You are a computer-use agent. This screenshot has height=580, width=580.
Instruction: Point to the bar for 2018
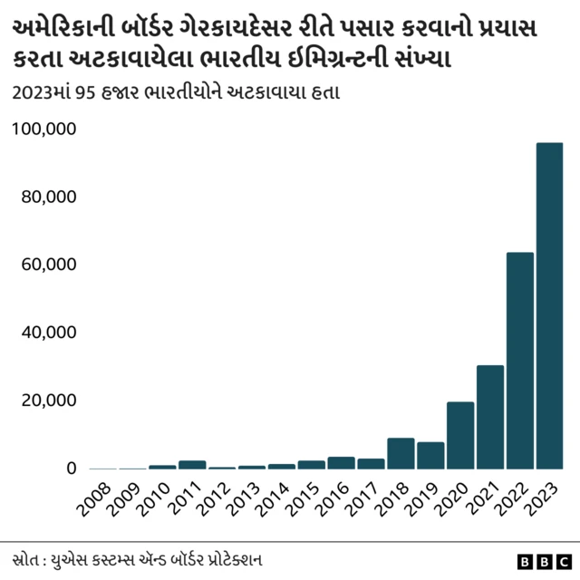[401, 453]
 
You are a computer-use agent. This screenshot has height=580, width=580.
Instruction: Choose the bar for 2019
[430, 455]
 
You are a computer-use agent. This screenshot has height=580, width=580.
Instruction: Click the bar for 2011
[192, 464]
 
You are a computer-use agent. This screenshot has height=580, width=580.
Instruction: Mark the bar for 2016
[341, 462]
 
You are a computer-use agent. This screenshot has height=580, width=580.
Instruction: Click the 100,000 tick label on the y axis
[44, 130]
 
